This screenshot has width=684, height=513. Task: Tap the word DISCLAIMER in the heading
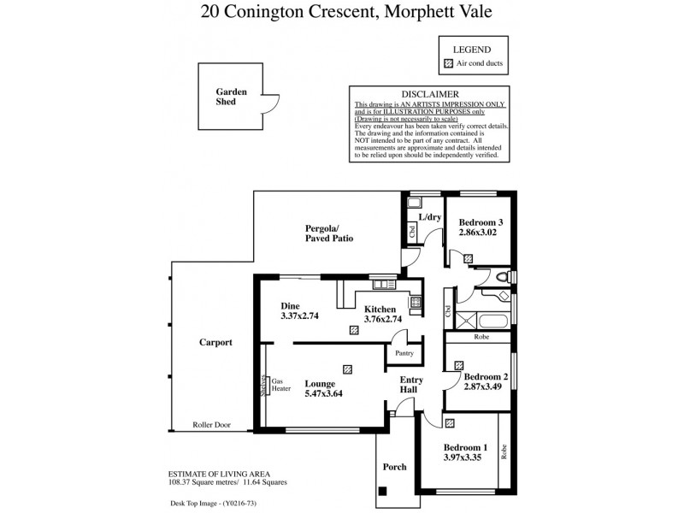431,94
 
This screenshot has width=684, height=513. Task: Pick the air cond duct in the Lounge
346,369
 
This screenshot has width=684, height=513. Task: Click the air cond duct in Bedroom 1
450,422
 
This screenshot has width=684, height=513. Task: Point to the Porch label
394,467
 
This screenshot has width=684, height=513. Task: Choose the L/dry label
429,218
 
